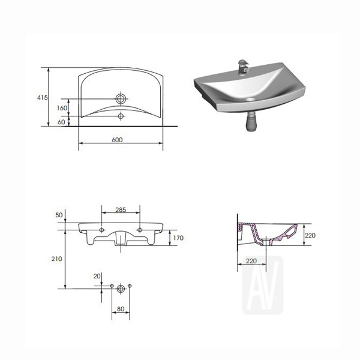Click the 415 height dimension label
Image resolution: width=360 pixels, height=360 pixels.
pyautogui.click(x=43, y=98)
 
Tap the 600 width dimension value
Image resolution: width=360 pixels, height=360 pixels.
pyautogui.click(x=118, y=140)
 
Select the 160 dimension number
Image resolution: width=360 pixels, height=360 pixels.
pyautogui.click(x=62, y=108)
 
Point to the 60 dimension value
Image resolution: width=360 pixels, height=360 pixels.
pyautogui.click(x=61, y=122)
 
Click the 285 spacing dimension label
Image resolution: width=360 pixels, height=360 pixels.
pyautogui.click(x=121, y=209)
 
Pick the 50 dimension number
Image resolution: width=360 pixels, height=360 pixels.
pyautogui.click(x=59, y=215)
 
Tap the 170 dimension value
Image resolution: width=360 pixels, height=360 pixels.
pyautogui.click(x=178, y=238)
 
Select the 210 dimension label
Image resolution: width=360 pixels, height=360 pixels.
pyautogui.click(x=57, y=259)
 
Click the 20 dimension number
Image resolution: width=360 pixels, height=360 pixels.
pyautogui.click(x=97, y=276)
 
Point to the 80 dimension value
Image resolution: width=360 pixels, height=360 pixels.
pyautogui.click(x=121, y=309)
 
